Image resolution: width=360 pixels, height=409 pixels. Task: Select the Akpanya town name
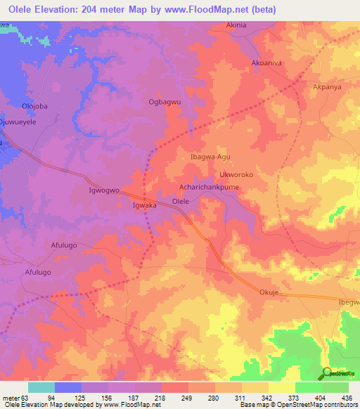pos(326,89)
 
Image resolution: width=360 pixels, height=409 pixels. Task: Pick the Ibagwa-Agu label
pos(211,157)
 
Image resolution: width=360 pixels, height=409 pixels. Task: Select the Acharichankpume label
pos(210,188)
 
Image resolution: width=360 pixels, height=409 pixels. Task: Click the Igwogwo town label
pos(103,190)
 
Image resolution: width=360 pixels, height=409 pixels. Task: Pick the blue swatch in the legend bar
pos(68,387)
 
